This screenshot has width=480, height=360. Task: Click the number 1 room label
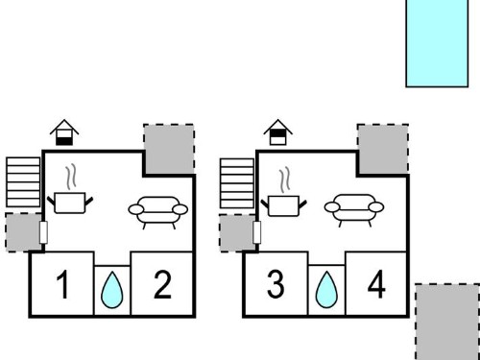(x=63, y=284)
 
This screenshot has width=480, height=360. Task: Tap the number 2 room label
(x=162, y=284)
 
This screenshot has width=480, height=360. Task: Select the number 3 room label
(x=276, y=284)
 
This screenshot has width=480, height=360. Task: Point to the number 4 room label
(x=376, y=284)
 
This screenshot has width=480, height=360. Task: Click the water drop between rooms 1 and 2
(x=112, y=291)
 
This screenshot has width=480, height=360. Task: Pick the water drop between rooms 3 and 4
(x=326, y=290)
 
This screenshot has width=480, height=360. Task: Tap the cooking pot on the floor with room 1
(x=70, y=203)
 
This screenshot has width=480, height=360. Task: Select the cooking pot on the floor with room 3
(x=284, y=205)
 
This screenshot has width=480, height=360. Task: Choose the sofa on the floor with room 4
(x=354, y=210)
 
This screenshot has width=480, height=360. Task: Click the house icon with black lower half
(x=64, y=132)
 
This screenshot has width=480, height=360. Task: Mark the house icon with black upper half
(x=278, y=132)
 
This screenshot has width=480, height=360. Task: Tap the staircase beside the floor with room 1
(x=23, y=182)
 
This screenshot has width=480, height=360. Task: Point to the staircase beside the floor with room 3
(x=237, y=183)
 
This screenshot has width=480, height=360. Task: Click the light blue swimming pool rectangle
(x=437, y=43)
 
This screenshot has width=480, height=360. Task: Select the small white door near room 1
(x=44, y=232)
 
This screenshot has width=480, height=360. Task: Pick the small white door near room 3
(x=257, y=232)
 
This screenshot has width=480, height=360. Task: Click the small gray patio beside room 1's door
(x=23, y=232)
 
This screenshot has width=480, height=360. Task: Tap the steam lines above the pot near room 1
(x=71, y=177)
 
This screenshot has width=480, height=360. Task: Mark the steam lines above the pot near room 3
(x=285, y=180)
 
